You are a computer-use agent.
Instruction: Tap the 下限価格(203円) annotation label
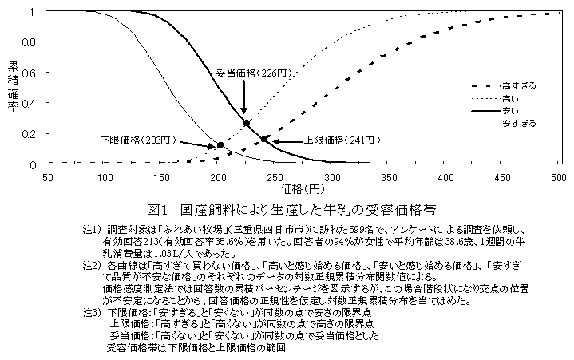coord(137,140)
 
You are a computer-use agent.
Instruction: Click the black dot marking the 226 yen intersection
coord(246,123)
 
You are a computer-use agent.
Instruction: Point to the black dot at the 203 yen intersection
coord(220,144)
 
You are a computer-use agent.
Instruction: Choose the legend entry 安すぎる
coord(518,123)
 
